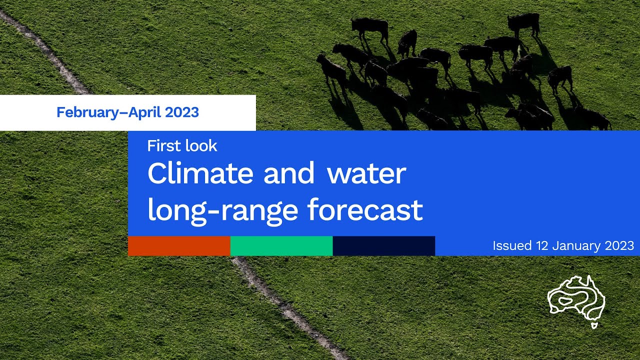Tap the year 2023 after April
pyautogui.click(x=182, y=112)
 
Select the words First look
pyautogui.click(x=182, y=146)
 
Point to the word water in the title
pyautogui.click(x=366, y=174)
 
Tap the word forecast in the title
pyautogui.click(x=365, y=210)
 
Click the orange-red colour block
pyautogui.click(x=179, y=246)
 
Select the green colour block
pyautogui.click(x=281, y=246)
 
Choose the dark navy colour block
pyautogui.click(x=383, y=246)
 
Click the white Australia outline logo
pyautogui.click(x=576, y=298)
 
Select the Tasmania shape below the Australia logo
pyautogui.click(x=594, y=325)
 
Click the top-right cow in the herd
pyautogui.click(x=523, y=23)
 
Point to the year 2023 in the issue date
pyautogui.click(x=619, y=246)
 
